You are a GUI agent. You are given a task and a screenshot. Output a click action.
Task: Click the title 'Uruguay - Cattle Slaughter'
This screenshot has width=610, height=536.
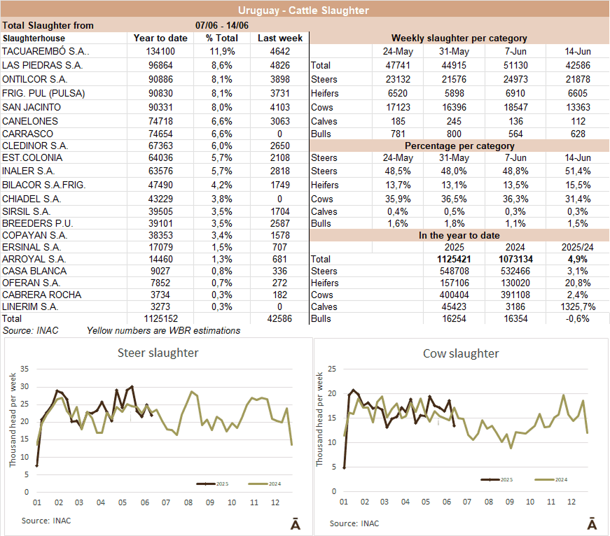(303, 10)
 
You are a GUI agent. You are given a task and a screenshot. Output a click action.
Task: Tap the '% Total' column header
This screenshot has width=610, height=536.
(221, 38)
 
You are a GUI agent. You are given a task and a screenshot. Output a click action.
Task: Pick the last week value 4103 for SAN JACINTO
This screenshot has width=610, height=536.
(280, 107)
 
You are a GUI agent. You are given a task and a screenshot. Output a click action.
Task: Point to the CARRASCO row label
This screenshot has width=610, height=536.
(27, 134)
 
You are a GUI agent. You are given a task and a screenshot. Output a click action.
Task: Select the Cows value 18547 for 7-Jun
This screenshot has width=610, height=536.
(519, 107)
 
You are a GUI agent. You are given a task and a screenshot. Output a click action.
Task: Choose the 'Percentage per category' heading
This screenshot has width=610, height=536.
(459, 146)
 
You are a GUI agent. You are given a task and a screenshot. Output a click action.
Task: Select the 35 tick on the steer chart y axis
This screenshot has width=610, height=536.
(25, 369)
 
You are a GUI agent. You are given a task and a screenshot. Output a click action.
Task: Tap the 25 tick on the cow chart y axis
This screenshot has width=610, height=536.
(332, 369)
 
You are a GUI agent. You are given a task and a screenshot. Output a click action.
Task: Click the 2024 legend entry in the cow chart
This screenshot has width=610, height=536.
(554, 479)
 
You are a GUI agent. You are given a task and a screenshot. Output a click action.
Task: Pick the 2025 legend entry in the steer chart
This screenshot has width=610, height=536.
(213, 484)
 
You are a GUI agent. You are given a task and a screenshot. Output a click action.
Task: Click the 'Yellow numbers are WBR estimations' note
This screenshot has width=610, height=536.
(163, 330)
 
